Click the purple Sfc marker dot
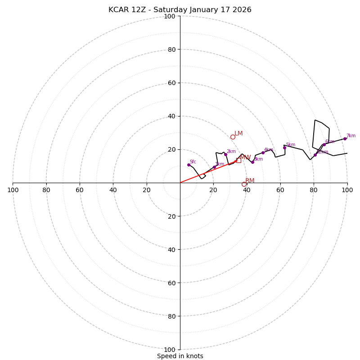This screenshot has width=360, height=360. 189,165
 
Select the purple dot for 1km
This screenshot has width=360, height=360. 214,167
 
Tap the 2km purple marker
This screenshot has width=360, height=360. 225,154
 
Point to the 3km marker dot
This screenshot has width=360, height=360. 252,162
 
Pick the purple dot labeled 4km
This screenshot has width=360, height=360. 263,153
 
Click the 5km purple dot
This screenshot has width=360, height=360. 284,148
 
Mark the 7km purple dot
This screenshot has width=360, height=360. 345,139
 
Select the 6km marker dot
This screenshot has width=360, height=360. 324,144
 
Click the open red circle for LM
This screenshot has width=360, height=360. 233,137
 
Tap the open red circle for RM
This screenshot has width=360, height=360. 244,184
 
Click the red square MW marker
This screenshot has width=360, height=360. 238,160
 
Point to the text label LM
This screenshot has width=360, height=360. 238,134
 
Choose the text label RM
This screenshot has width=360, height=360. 250,181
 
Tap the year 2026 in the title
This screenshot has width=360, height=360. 242,10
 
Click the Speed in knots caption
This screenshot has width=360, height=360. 180,356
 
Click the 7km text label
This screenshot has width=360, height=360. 351,136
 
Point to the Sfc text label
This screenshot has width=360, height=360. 193,162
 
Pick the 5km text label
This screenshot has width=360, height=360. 291,145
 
